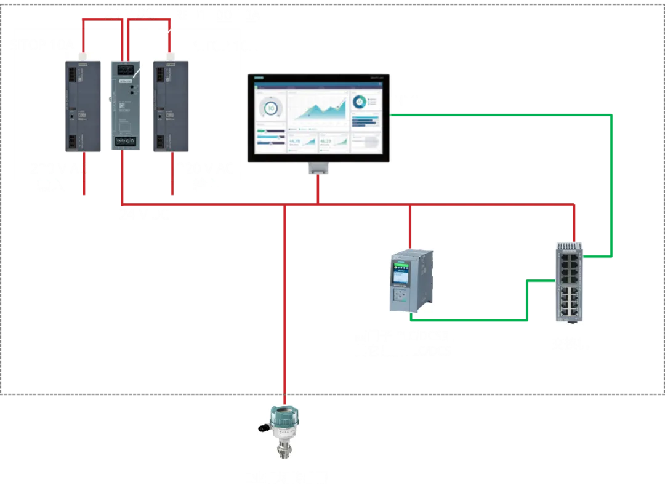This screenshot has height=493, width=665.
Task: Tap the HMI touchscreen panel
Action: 318,118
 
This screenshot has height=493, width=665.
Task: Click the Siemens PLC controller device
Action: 411,280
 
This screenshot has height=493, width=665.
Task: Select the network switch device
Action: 569,283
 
